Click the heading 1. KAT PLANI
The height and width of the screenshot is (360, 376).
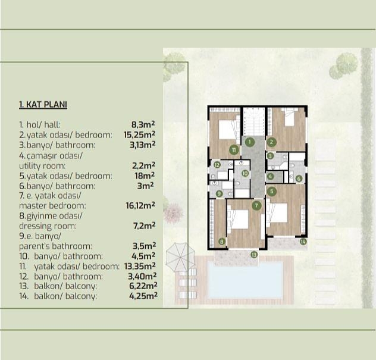pyautogui.click(x=43, y=105)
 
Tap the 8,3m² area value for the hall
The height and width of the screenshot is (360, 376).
pyautogui.click(x=145, y=124)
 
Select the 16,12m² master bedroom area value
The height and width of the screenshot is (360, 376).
pyautogui.click(x=140, y=205)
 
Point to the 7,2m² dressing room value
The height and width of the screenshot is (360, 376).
pyautogui.click(x=144, y=226)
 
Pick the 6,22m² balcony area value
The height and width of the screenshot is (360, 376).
pyautogui.click(x=140, y=286)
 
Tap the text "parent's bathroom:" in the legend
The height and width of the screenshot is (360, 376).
pyautogui.click(x=55, y=246)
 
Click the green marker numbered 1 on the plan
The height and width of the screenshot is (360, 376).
pyautogui.click(x=250, y=142)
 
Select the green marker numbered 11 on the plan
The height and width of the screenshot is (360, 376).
pyautogui.click(x=235, y=149)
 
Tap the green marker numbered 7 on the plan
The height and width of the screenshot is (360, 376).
pyautogui.click(x=256, y=205)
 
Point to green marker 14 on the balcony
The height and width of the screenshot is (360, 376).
pyautogui.click(x=303, y=242)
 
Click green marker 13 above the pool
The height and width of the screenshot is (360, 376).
pyautogui.click(x=254, y=255)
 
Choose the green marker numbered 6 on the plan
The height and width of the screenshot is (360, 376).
pyautogui.click(x=298, y=178)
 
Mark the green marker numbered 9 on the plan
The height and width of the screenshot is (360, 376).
pyautogui.click(x=220, y=193)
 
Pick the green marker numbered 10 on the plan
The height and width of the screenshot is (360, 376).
pyautogui.click(x=245, y=173)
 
